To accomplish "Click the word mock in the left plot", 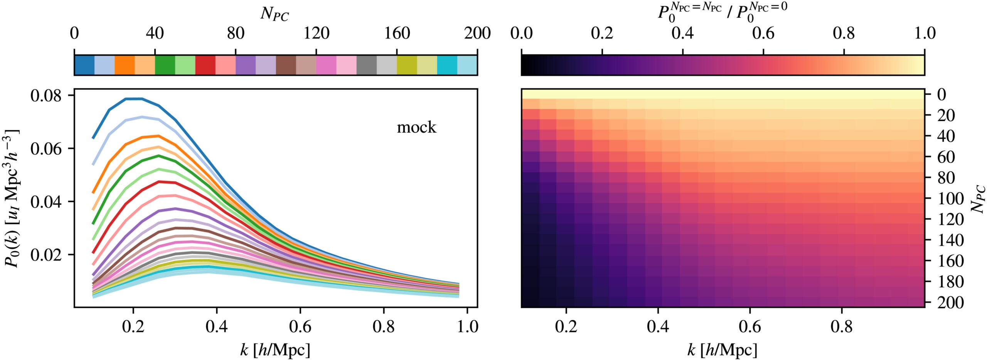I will [x=416, y=127].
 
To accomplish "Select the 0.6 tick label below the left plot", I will [x=300, y=327].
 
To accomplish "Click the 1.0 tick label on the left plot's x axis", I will [x=467, y=327].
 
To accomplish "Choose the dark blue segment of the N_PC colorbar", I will [x=84, y=65].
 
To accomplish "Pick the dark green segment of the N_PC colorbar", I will [x=165, y=65].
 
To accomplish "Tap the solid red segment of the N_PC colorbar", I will [x=205, y=65].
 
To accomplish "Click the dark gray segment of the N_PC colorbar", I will [x=366, y=65].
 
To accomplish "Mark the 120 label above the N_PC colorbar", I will [x=316, y=34].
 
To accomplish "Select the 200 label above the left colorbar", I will [x=477, y=34].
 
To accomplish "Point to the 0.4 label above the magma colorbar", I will [x=682, y=34].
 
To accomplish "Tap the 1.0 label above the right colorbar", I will [x=924, y=34].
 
